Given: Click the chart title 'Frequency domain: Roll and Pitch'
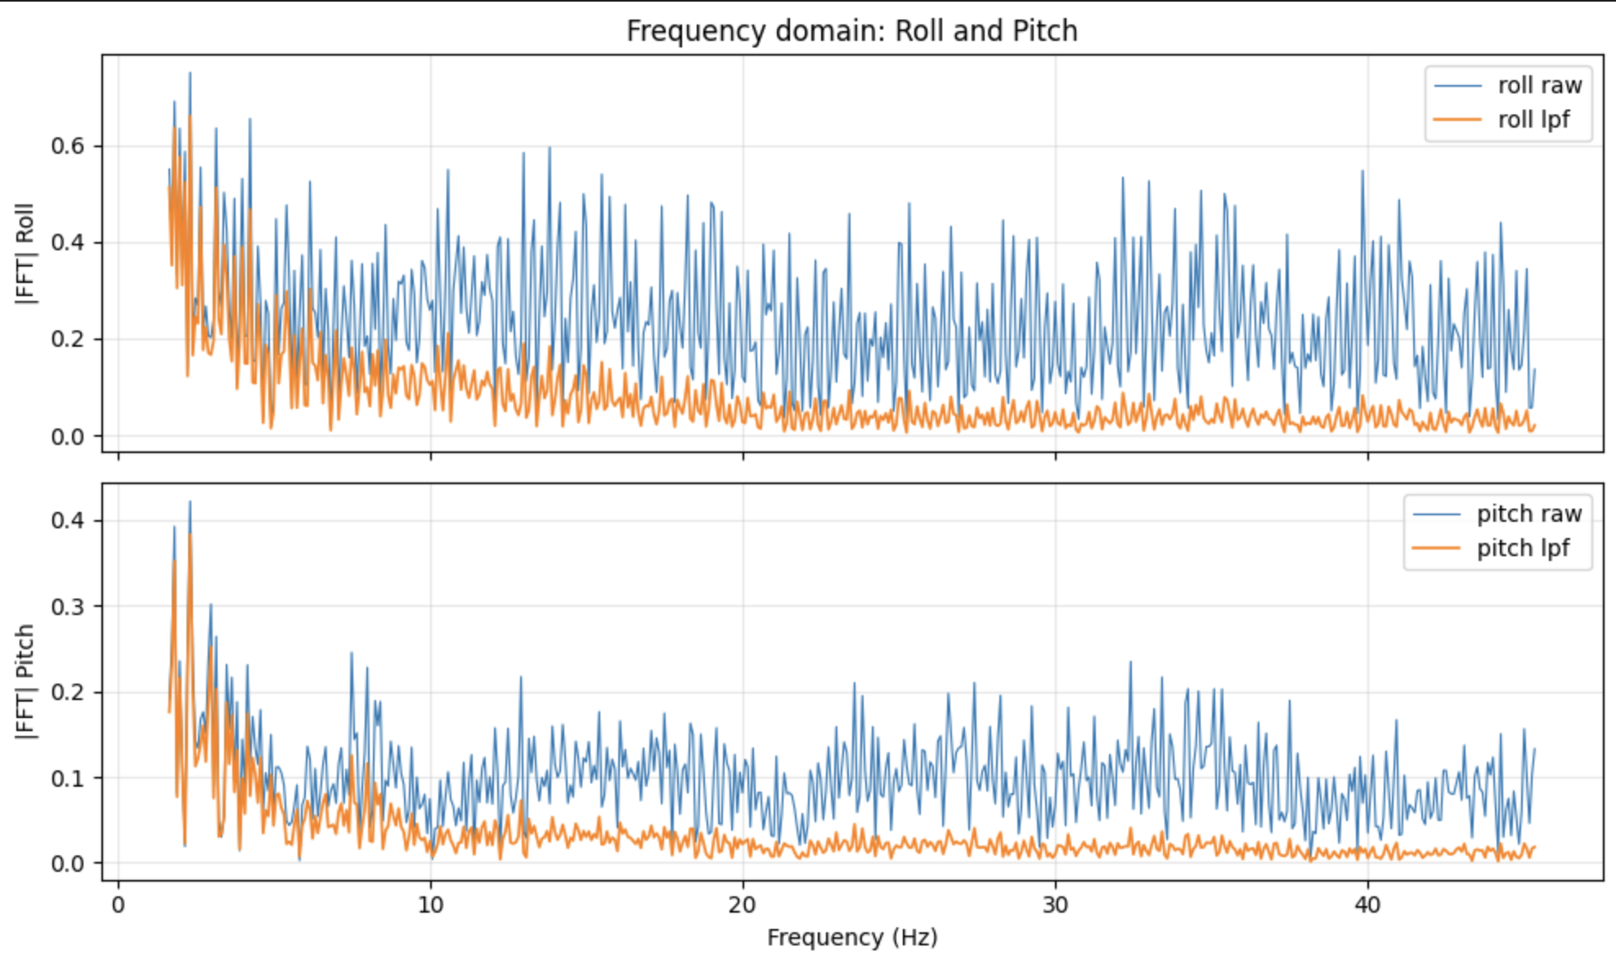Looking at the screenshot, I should (851, 31).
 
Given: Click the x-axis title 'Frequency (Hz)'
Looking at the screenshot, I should (851, 937).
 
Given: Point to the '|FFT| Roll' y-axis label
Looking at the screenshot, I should (25, 254).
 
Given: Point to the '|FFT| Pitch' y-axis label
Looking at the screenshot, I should (25, 682).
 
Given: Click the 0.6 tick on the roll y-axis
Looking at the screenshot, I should (67, 146).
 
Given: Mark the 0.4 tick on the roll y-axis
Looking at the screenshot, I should (67, 243).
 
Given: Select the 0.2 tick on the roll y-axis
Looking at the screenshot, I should (67, 339).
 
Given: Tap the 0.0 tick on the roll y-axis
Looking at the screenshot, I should (67, 437).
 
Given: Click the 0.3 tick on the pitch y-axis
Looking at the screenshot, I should (67, 607).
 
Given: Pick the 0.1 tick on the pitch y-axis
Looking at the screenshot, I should (67, 778).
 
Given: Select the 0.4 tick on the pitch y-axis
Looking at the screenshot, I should (67, 521).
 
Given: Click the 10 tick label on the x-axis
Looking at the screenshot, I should (430, 905).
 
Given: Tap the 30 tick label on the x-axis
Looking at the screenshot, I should (1055, 905).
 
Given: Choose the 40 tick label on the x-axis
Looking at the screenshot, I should (1367, 905).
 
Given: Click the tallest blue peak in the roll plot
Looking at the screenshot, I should (190, 74).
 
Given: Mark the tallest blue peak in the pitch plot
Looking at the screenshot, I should (190, 502).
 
